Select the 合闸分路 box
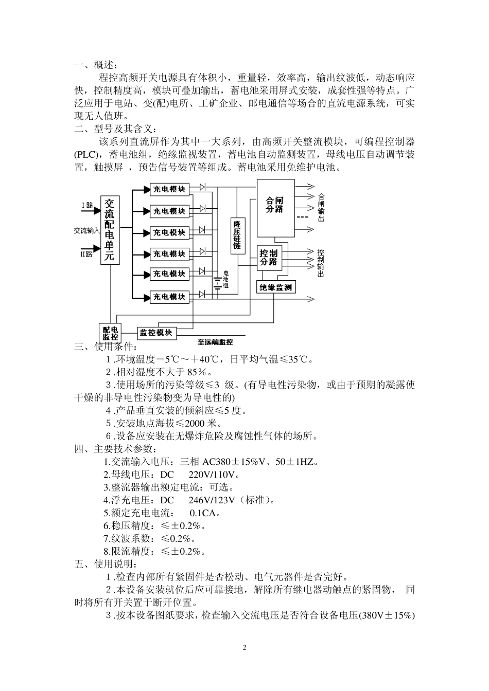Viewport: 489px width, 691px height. pos(275,205)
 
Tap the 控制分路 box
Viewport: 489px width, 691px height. pos(268,258)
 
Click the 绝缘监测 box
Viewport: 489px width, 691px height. pos(276,287)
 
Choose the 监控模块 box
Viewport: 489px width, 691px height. pos(156,333)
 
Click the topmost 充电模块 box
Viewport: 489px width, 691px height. pos(169,189)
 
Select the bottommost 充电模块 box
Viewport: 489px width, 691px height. pos(169,297)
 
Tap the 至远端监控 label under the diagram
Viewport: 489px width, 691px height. pos(215,342)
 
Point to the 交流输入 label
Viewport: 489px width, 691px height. pos(86,231)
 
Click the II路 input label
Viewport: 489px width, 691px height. pos(86,254)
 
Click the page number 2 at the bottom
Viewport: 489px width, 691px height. pos(244,647)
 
